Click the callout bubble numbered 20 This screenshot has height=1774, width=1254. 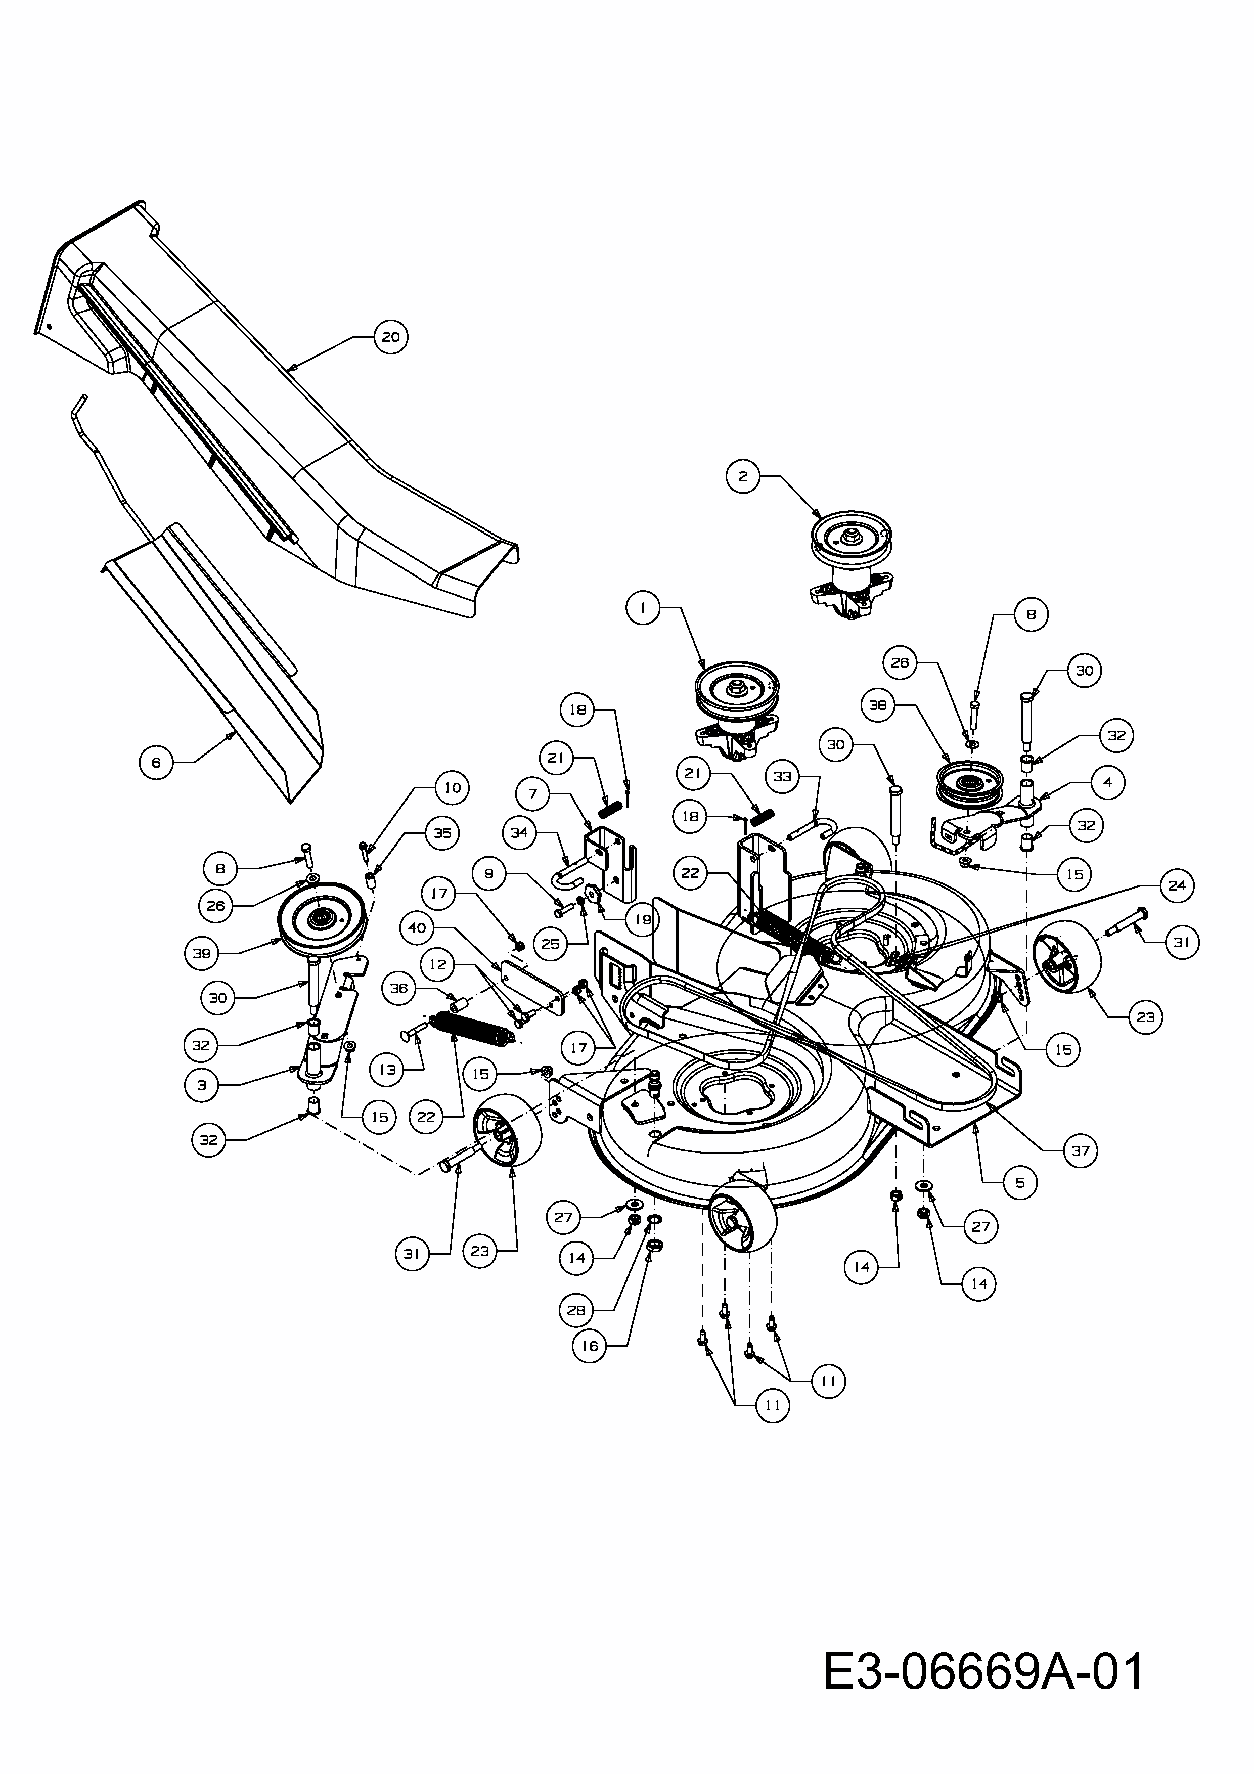391,337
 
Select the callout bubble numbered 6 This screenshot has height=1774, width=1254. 156,763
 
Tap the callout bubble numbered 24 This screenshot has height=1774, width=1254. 1177,885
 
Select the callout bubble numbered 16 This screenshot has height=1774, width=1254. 590,1346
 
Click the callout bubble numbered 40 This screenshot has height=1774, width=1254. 417,928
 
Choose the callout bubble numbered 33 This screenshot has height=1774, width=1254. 783,777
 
